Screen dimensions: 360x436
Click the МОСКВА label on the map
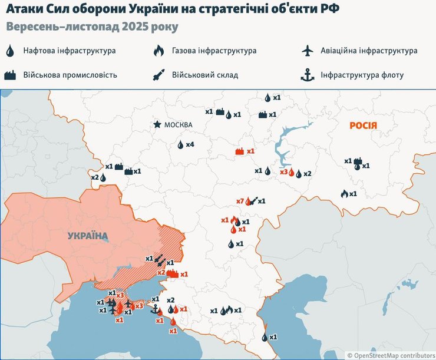tap(179, 125)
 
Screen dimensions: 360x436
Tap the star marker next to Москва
tap(157, 124)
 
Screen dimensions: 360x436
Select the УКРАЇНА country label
tap(88, 236)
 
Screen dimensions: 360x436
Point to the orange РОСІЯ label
tap(363, 125)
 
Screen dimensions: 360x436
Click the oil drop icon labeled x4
tap(181, 144)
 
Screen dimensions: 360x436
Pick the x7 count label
tap(240, 202)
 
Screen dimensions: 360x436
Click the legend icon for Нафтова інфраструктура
tap(11, 51)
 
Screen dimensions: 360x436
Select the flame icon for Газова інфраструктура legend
tap(158, 51)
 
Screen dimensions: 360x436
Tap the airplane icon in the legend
tap(306, 51)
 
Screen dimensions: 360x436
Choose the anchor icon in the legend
tap(306, 75)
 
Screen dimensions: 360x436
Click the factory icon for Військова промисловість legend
tap(11, 75)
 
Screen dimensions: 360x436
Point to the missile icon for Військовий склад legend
tap(158, 75)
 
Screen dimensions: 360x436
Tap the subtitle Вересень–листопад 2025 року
tap(92, 28)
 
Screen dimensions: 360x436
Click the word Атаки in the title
tap(22, 10)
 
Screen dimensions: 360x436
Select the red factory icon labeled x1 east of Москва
tap(240, 151)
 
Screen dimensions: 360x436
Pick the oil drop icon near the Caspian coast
tap(264, 337)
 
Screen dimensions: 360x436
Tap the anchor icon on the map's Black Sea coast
tap(155, 309)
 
